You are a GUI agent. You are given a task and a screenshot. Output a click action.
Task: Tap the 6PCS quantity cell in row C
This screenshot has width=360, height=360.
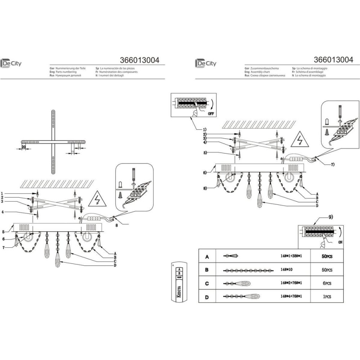point(327,283)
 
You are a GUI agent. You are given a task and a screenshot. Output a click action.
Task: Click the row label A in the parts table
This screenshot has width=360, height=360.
point(207,257)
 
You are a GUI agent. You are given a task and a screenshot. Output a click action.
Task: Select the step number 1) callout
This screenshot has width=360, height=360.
point(204,129)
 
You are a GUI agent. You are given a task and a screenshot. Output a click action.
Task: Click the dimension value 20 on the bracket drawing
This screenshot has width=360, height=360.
point(23,147)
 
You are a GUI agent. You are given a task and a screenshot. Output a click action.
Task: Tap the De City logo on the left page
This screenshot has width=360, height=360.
point(11,63)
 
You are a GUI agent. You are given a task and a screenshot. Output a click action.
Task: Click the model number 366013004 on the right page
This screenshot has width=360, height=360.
point(333,59)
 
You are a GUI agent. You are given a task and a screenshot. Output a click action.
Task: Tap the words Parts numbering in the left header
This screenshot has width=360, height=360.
point(66,72)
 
